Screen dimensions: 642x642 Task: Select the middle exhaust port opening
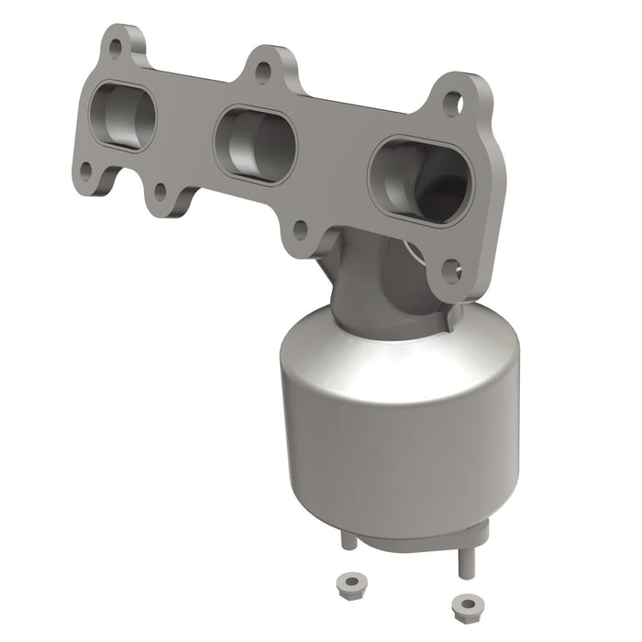[254, 146]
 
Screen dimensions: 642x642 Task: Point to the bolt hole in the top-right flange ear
[452, 103]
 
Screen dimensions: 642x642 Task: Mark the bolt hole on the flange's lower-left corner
[85, 170]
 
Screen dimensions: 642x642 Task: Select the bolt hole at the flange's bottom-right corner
[451, 269]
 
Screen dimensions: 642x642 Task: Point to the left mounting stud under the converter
[349, 541]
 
